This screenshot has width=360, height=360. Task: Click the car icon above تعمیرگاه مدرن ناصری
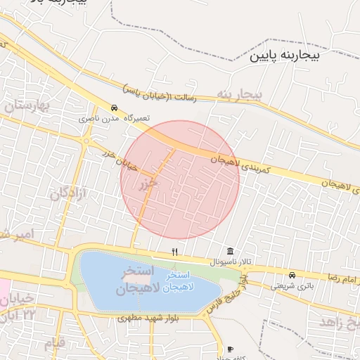tap(114, 108)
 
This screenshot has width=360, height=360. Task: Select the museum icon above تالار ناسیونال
tap(231, 252)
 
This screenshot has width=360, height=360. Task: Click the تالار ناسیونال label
tap(229, 262)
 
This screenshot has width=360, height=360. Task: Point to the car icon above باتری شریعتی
tap(292, 275)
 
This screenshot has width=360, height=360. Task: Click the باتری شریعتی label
tap(292, 285)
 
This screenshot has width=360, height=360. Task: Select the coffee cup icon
tap(230, 349)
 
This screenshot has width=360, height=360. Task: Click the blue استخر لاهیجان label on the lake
tap(174, 281)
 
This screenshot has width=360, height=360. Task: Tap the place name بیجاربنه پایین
tap(288, 54)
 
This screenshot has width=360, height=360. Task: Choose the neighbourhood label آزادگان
tap(68, 192)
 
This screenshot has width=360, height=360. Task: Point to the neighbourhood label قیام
tap(55, 344)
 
